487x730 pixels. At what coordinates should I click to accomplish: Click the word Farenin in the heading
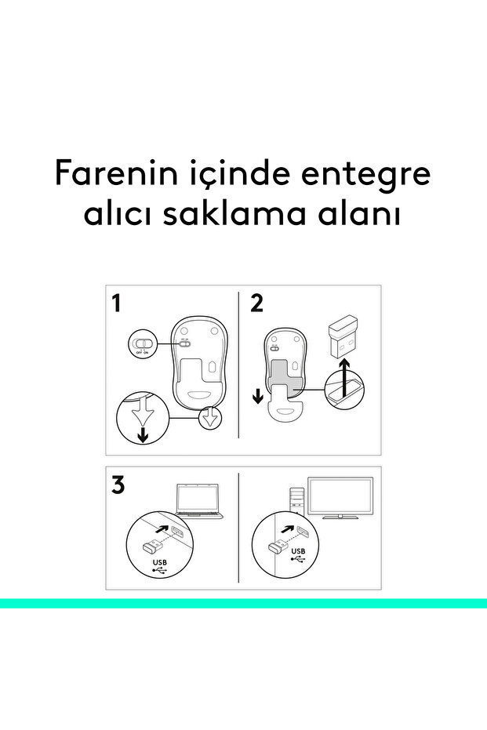click(117, 173)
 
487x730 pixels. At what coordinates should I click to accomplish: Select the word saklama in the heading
click(234, 214)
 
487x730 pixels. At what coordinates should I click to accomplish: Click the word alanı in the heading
click(358, 214)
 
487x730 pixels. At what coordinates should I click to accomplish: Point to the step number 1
click(116, 303)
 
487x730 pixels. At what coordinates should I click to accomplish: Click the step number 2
click(257, 303)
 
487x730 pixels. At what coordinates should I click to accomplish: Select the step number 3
click(118, 485)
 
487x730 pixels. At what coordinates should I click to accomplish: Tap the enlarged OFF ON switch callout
click(142, 344)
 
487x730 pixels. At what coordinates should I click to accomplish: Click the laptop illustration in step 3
click(199, 501)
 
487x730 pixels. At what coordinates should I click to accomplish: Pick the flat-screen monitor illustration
click(340, 498)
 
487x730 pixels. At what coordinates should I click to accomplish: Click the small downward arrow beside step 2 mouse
click(257, 397)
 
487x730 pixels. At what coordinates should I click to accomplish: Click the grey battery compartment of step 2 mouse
click(284, 375)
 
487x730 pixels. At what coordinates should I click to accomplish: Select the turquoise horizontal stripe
click(243, 604)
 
